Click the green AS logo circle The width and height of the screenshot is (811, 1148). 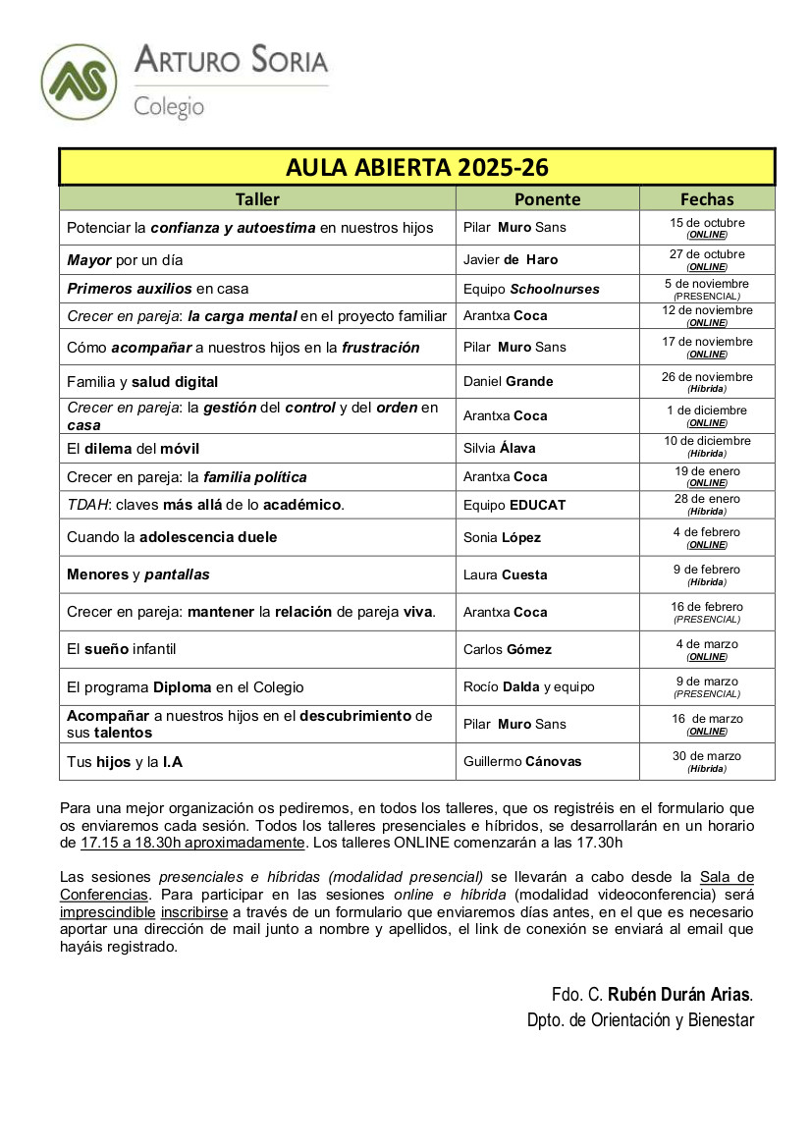coord(79,83)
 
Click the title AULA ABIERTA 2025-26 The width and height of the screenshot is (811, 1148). coord(416,167)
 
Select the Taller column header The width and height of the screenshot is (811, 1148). coord(257,199)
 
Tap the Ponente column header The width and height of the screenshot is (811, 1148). coord(547,199)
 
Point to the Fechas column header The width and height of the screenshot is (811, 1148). coord(707,199)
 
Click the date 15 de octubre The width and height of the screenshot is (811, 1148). coord(707,223)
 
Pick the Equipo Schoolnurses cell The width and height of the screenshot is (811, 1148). coord(531,289)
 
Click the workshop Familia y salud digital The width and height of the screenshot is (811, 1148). coord(142,381)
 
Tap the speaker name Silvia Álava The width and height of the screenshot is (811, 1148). coord(502,448)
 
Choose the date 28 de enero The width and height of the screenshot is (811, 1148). coord(707,499)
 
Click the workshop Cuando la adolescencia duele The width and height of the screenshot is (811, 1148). coord(172,537)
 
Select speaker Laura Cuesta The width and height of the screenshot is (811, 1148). coord(506,574)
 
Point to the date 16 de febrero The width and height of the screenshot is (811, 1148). coord(707,607)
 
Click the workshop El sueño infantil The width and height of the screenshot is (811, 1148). coord(122,649)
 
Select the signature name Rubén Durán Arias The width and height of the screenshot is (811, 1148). coord(679,993)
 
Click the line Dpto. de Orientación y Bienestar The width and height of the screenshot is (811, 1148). coord(640,1020)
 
